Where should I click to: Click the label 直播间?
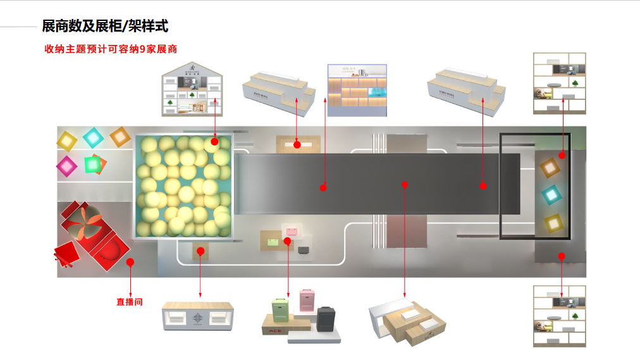(x=129, y=302)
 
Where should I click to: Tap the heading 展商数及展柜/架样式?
(x=105, y=26)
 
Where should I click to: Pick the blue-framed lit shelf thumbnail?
(x=357, y=90)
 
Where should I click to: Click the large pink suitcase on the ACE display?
(x=306, y=299)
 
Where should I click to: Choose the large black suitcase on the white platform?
(x=326, y=318)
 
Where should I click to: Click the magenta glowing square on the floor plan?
(x=66, y=166)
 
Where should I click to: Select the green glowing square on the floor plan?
(x=93, y=164)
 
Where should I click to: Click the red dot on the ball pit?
(x=214, y=142)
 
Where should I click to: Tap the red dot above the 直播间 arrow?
(x=130, y=261)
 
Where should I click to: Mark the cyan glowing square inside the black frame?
(x=551, y=194)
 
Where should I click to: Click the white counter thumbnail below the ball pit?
(x=198, y=315)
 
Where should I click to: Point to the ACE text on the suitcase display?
(x=274, y=330)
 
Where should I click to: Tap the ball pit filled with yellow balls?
(x=183, y=186)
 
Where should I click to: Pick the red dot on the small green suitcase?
(x=287, y=241)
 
